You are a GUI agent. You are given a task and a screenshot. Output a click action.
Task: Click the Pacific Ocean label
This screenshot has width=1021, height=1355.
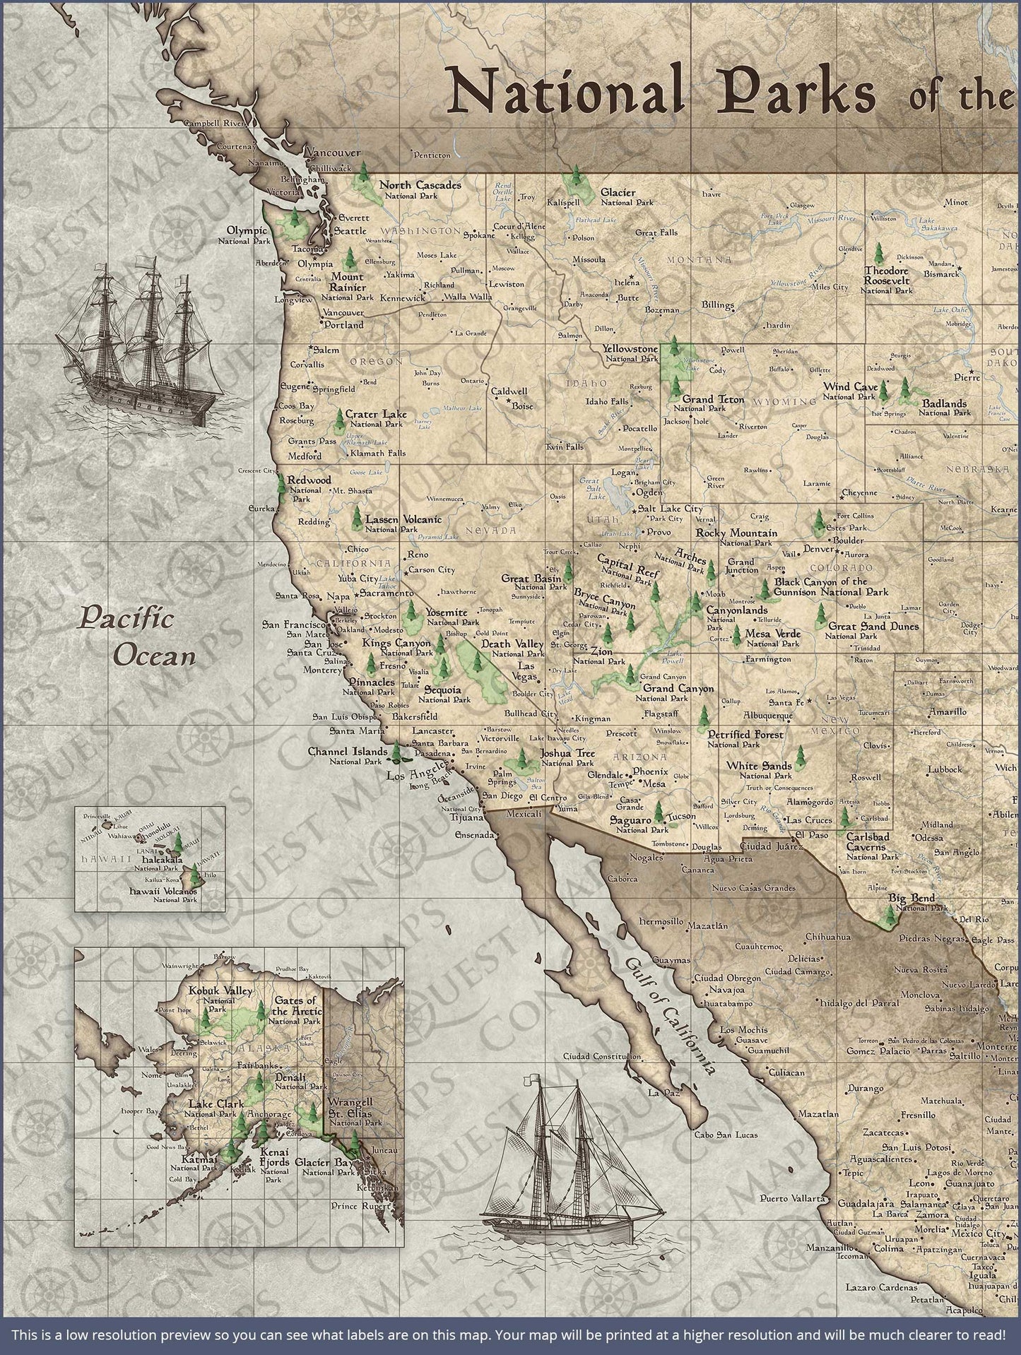[x=136, y=637]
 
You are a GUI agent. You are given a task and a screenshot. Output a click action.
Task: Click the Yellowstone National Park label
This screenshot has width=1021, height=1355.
[x=630, y=353]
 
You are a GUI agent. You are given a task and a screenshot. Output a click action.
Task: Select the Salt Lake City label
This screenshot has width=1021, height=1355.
[x=671, y=509]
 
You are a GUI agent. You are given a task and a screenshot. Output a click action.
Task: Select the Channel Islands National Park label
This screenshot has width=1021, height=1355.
[x=348, y=756]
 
